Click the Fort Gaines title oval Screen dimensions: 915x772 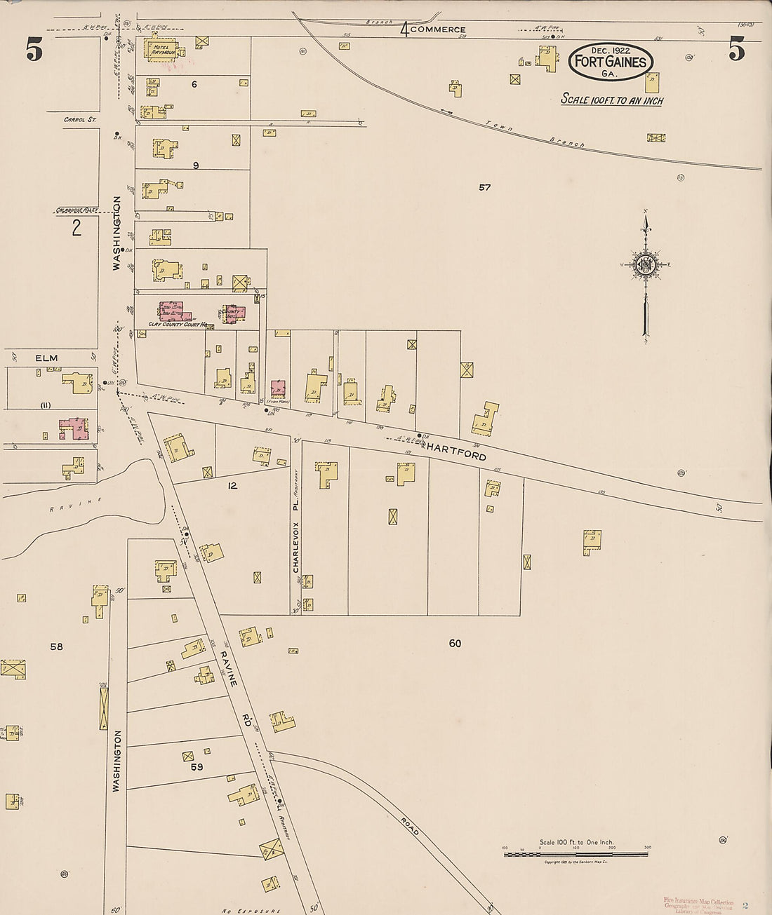[x=611, y=61]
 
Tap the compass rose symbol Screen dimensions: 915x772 [x=644, y=264]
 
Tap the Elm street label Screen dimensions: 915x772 [x=47, y=358]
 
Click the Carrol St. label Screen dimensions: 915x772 [x=79, y=120]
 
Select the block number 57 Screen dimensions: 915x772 [x=484, y=187]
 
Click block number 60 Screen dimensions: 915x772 [x=455, y=643]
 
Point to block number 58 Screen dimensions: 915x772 [x=56, y=646]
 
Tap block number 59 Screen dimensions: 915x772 [x=197, y=767]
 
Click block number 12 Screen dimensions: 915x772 [x=232, y=485]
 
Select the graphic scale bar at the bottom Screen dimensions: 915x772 [x=575, y=853]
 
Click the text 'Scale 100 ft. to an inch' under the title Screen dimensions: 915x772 [x=611, y=100]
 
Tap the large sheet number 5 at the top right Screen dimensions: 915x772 [x=736, y=50]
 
